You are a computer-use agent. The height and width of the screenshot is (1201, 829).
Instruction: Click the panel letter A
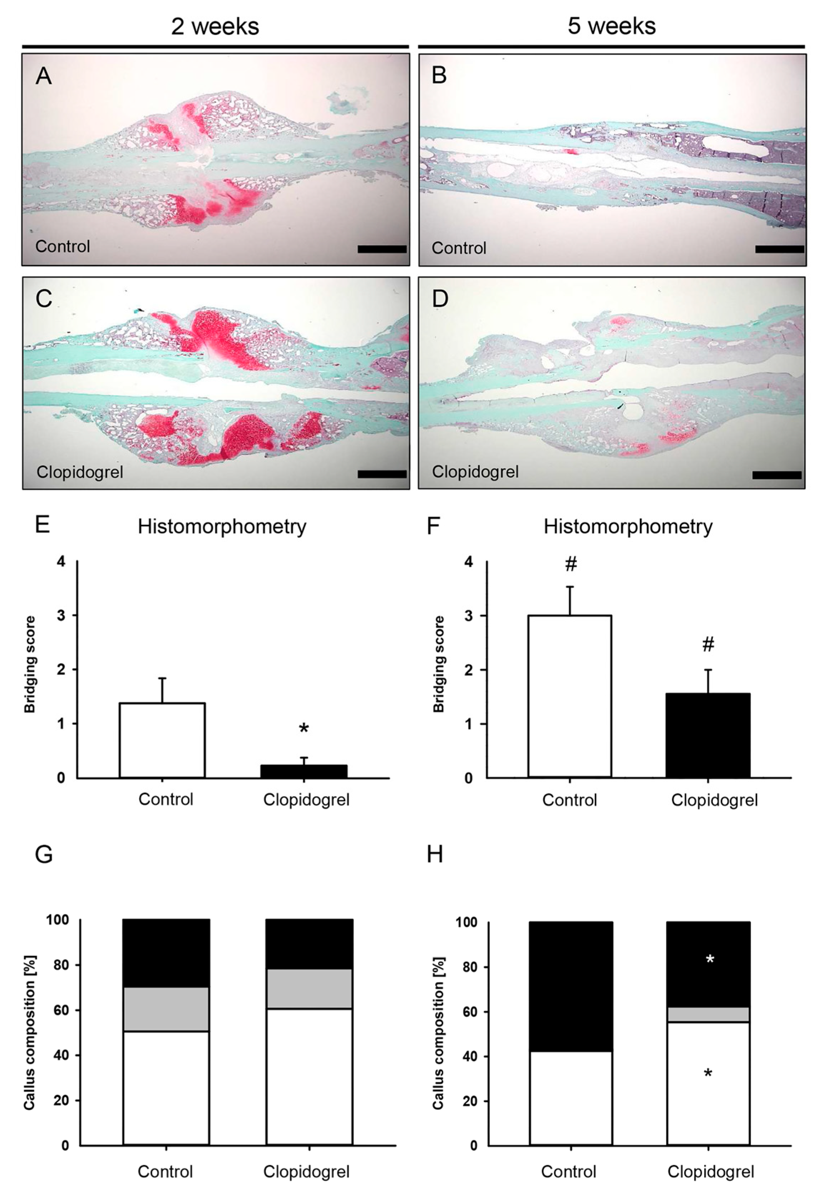[44, 76]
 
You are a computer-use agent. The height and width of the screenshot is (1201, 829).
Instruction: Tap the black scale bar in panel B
[779, 249]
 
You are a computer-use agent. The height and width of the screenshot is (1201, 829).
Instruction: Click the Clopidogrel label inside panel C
[79, 472]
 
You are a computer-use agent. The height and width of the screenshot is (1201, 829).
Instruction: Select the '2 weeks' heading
[215, 26]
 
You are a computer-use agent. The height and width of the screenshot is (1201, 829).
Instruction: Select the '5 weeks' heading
[611, 26]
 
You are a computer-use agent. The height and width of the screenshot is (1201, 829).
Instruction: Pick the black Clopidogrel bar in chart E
[304, 771]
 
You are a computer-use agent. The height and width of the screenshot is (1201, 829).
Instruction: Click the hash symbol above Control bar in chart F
[570, 565]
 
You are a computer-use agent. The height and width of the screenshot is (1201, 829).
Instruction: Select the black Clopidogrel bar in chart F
[708, 735]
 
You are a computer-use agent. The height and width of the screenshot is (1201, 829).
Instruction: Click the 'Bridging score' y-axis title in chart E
[30, 664]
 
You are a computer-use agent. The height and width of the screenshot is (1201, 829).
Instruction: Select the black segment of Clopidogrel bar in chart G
[309, 944]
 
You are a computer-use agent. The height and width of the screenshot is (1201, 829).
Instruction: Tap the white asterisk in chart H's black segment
[710, 959]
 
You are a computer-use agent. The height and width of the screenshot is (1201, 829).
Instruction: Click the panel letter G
[44, 854]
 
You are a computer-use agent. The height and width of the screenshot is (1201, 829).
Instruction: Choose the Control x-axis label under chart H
[568, 1172]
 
